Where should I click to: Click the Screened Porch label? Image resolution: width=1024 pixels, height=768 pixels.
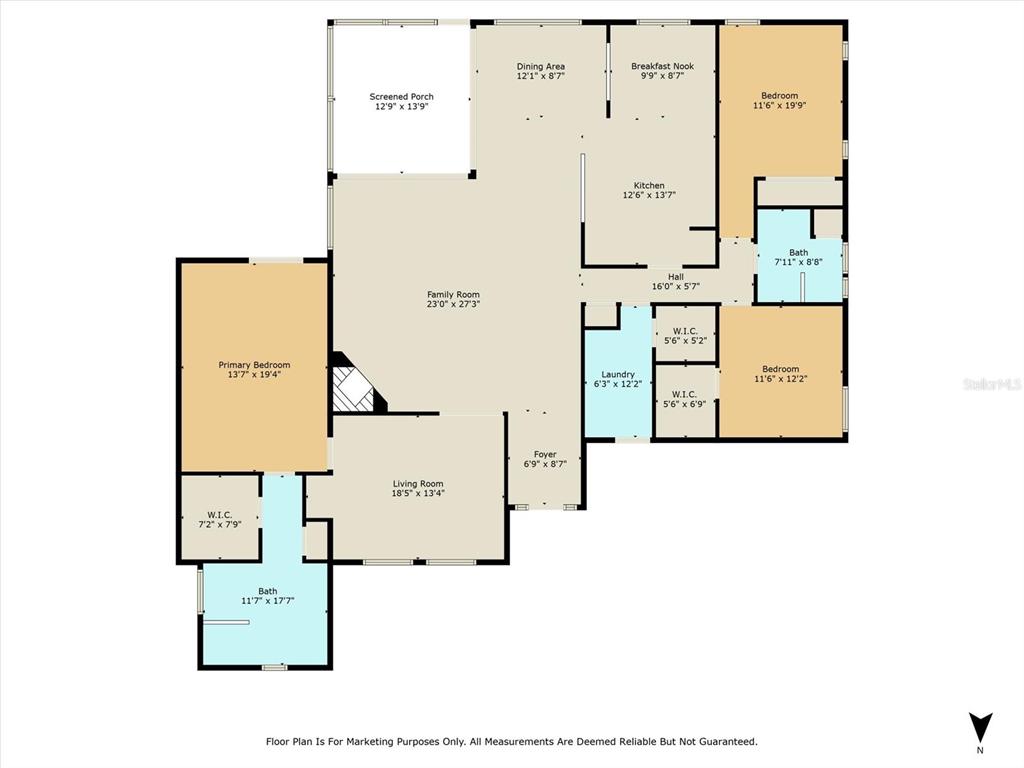(401, 97)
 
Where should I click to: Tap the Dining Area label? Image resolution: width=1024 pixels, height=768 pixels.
(541, 66)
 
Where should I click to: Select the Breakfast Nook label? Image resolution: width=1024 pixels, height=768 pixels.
(662, 66)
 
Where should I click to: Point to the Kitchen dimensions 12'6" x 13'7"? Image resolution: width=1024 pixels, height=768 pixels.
(649, 195)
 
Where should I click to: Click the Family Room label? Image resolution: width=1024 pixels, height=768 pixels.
(453, 295)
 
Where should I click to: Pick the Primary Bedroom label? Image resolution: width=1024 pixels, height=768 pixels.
(254, 365)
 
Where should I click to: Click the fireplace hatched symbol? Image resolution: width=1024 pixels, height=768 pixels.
(353, 389)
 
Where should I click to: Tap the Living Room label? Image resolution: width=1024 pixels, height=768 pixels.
(418, 484)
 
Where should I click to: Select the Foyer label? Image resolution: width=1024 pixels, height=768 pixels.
(545, 455)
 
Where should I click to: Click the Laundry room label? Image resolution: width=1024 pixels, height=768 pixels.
(618, 375)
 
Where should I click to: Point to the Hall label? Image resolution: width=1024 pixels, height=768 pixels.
(676, 277)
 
